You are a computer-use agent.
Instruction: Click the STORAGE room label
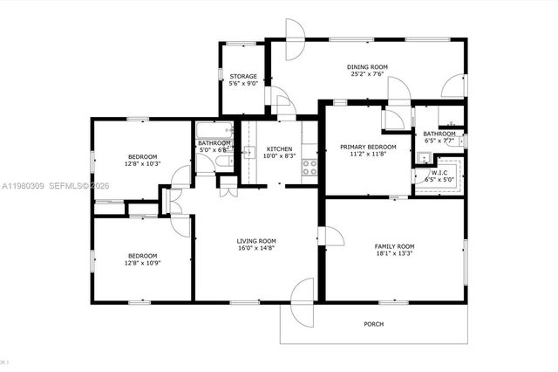243,76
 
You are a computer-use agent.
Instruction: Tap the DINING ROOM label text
367,66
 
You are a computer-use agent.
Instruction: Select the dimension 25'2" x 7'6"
367,74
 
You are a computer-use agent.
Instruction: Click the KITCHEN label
280,148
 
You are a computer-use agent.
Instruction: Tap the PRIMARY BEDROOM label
368,147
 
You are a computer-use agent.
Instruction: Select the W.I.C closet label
439,172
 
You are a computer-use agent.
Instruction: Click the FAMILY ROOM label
394,247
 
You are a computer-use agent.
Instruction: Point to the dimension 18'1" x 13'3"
394,255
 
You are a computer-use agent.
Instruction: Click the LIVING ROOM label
256,241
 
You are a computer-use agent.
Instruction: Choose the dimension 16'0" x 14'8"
256,249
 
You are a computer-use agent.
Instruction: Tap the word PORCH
373,324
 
